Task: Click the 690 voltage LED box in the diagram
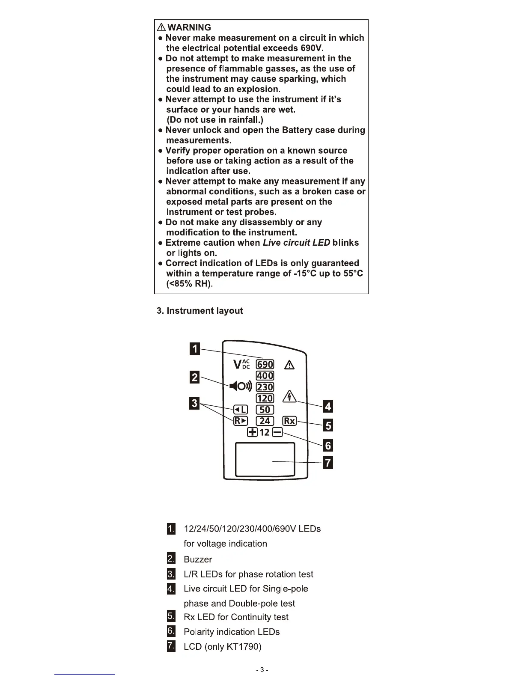[x=265, y=364]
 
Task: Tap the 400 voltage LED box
[x=265, y=376]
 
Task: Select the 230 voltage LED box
[x=265, y=387]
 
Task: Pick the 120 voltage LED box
[x=265, y=398]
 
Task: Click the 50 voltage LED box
[x=265, y=410]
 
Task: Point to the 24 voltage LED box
[x=265, y=421]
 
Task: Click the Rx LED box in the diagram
[x=289, y=421]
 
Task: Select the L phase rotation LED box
[x=240, y=410]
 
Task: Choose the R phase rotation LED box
[x=240, y=421]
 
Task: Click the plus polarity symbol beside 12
[x=253, y=432]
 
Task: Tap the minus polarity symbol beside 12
[x=277, y=432]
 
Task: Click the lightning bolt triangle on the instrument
[x=290, y=397]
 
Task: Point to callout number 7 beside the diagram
[x=327, y=463]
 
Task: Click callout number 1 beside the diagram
[x=195, y=349]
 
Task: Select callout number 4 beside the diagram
[x=327, y=406]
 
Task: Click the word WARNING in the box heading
[x=189, y=27]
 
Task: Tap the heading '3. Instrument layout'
[x=200, y=311]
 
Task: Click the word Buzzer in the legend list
[x=198, y=559]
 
